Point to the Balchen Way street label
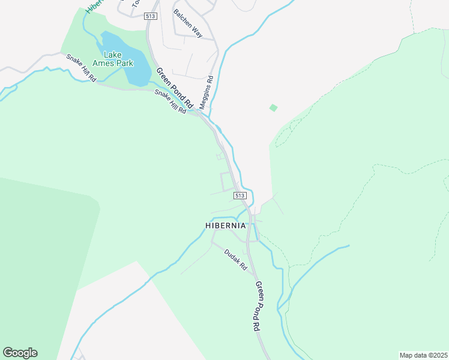(188, 23)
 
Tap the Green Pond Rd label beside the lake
(170, 86)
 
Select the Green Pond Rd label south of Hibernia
(257, 306)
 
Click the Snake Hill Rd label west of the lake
(81, 68)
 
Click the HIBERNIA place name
(226, 226)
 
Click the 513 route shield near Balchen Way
(151, 16)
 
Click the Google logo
(20, 353)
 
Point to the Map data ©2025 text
(423, 355)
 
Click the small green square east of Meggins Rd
(274, 108)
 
